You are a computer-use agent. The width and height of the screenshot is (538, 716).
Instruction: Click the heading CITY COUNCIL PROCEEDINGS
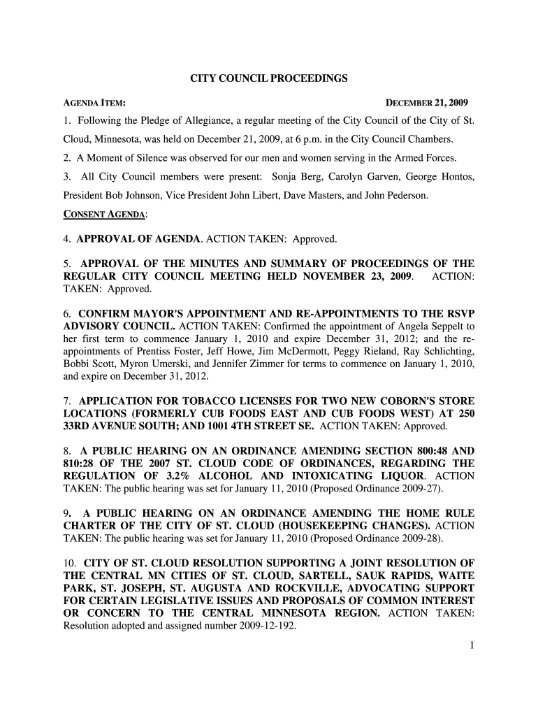tap(269, 79)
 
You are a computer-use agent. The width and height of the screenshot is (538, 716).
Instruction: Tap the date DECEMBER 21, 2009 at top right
tap(427, 103)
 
